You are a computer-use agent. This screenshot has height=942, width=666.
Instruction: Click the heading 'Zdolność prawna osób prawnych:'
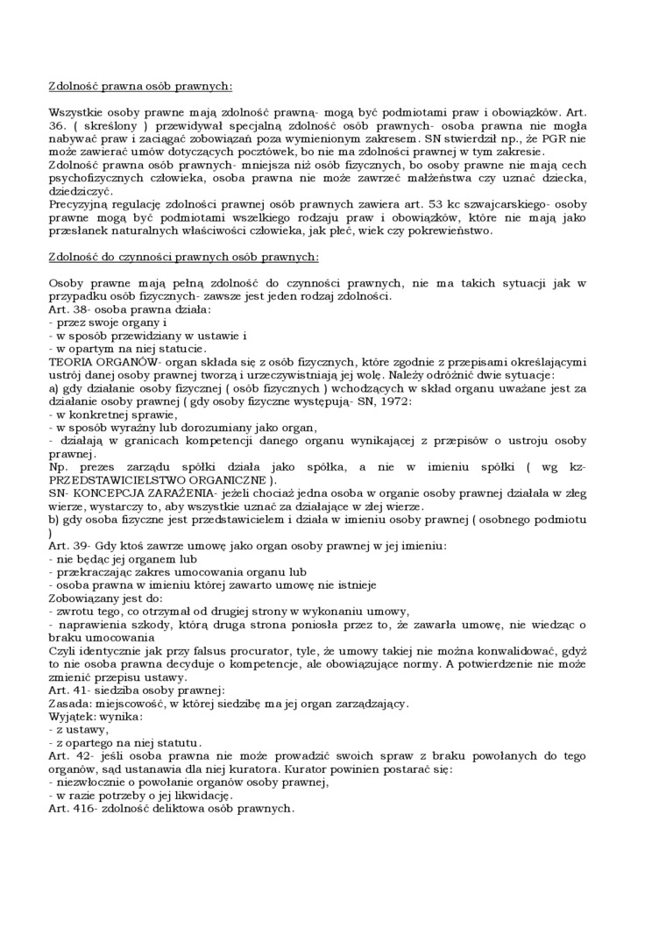pos(140,86)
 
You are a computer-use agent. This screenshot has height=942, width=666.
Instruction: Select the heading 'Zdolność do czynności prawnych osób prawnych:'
pos(184,257)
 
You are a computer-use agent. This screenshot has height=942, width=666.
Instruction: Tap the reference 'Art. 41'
pos(68,690)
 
